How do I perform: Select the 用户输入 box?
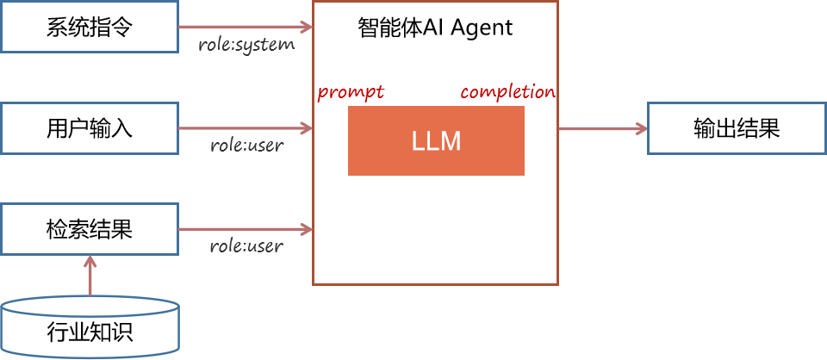tap(89, 128)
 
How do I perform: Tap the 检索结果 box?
tap(89, 229)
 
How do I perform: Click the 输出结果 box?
tap(736, 128)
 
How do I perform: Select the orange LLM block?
tap(436, 141)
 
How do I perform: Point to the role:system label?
tap(246, 44)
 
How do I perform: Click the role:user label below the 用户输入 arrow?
tap(246, 145)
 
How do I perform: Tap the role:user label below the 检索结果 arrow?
tap(246, 246)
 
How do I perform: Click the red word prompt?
tap(351, 92)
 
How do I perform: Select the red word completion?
tap(507, 92)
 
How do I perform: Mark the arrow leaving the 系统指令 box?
tap(245, 26)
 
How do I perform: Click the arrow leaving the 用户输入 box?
tap(245, 128)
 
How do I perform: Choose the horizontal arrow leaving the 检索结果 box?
tap(245, 229)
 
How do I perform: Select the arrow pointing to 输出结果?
tap(602, 128)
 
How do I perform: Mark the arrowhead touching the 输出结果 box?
tap(641, 128)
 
